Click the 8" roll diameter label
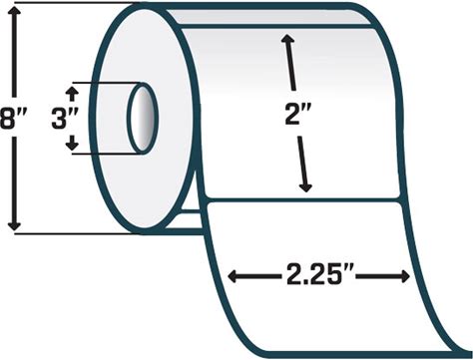(x=12, y=119)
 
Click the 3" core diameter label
(x=65, y=119)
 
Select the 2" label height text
(x=296, y=114)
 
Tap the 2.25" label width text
(x=318, y=275)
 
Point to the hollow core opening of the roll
(x=143, y=118)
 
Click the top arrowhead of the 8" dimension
(x=14, y=11)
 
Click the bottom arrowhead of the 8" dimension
(x=14, y=225)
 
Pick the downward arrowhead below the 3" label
(x=72, y=145)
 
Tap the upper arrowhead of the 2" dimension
(x=288, y=39)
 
